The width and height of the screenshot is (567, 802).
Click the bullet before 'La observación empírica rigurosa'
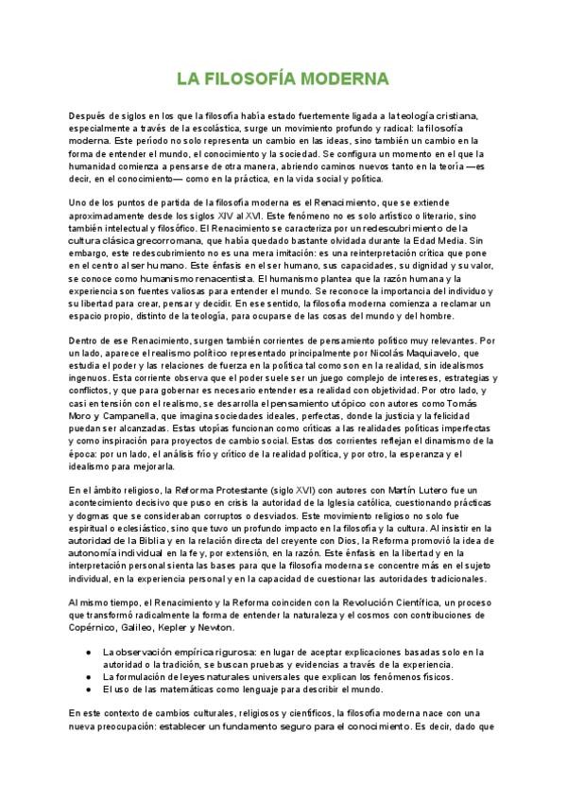(88, 652)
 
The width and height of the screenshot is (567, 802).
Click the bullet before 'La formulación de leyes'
(88, 676)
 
